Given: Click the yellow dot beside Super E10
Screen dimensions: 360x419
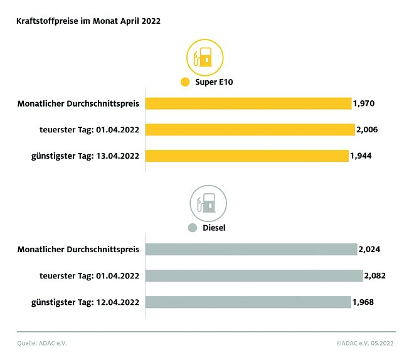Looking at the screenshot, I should (184, 82).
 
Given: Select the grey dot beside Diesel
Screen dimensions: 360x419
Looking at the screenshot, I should (193, 228).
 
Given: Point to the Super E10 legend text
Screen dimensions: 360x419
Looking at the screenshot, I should (213, 82).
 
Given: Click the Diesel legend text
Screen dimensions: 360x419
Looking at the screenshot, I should (214, 228).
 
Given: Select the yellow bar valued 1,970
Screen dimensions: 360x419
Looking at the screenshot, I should (248, 103).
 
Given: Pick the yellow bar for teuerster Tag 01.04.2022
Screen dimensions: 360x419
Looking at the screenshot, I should (250, 130).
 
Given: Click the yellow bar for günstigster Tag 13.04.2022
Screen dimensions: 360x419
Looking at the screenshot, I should (247, 156).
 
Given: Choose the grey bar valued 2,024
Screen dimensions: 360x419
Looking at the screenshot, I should (251, 250).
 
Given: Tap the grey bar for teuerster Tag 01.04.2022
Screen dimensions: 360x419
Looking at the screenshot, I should (254, 276).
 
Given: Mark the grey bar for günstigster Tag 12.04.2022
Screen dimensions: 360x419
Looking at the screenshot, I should (248, 302).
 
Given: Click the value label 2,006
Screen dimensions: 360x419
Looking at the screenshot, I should (366, 130).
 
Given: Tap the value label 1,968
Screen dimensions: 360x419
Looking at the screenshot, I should (364, 302).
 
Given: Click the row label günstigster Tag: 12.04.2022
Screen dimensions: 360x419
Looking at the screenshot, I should (85, 302).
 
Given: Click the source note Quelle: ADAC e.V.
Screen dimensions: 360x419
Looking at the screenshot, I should (41, 342).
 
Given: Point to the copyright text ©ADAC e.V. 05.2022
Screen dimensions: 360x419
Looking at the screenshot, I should (366, 342).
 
